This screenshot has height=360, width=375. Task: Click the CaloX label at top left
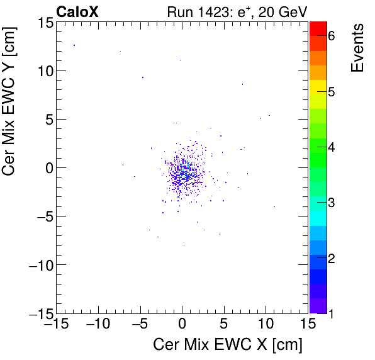[77, 11]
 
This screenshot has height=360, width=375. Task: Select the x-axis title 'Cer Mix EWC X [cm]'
[228, 345]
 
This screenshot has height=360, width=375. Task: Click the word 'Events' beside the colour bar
[357, 48]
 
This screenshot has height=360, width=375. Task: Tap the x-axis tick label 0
[182, 324]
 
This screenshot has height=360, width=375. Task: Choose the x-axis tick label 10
[266, 324]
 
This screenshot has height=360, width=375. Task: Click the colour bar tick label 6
[332, 37]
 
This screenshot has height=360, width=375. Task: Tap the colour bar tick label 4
[332, 147]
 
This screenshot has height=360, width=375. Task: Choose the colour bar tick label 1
[332, 313]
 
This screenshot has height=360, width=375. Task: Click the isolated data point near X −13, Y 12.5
[74, 45]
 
